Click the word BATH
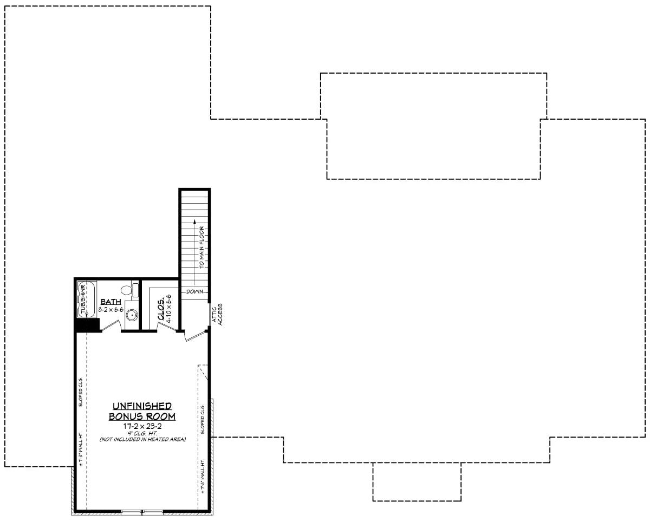point(110,301)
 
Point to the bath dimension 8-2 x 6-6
point(110,310)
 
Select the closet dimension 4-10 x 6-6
point(169,309)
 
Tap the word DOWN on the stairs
point(194,291)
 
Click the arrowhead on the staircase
point(194,222)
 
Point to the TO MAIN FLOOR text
point(201,248)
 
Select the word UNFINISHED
point(142,406)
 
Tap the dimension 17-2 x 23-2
point(142,426)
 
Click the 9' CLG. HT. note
point(142,433)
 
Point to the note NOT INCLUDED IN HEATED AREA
point(142,439)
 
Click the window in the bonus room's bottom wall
point(142,511)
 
